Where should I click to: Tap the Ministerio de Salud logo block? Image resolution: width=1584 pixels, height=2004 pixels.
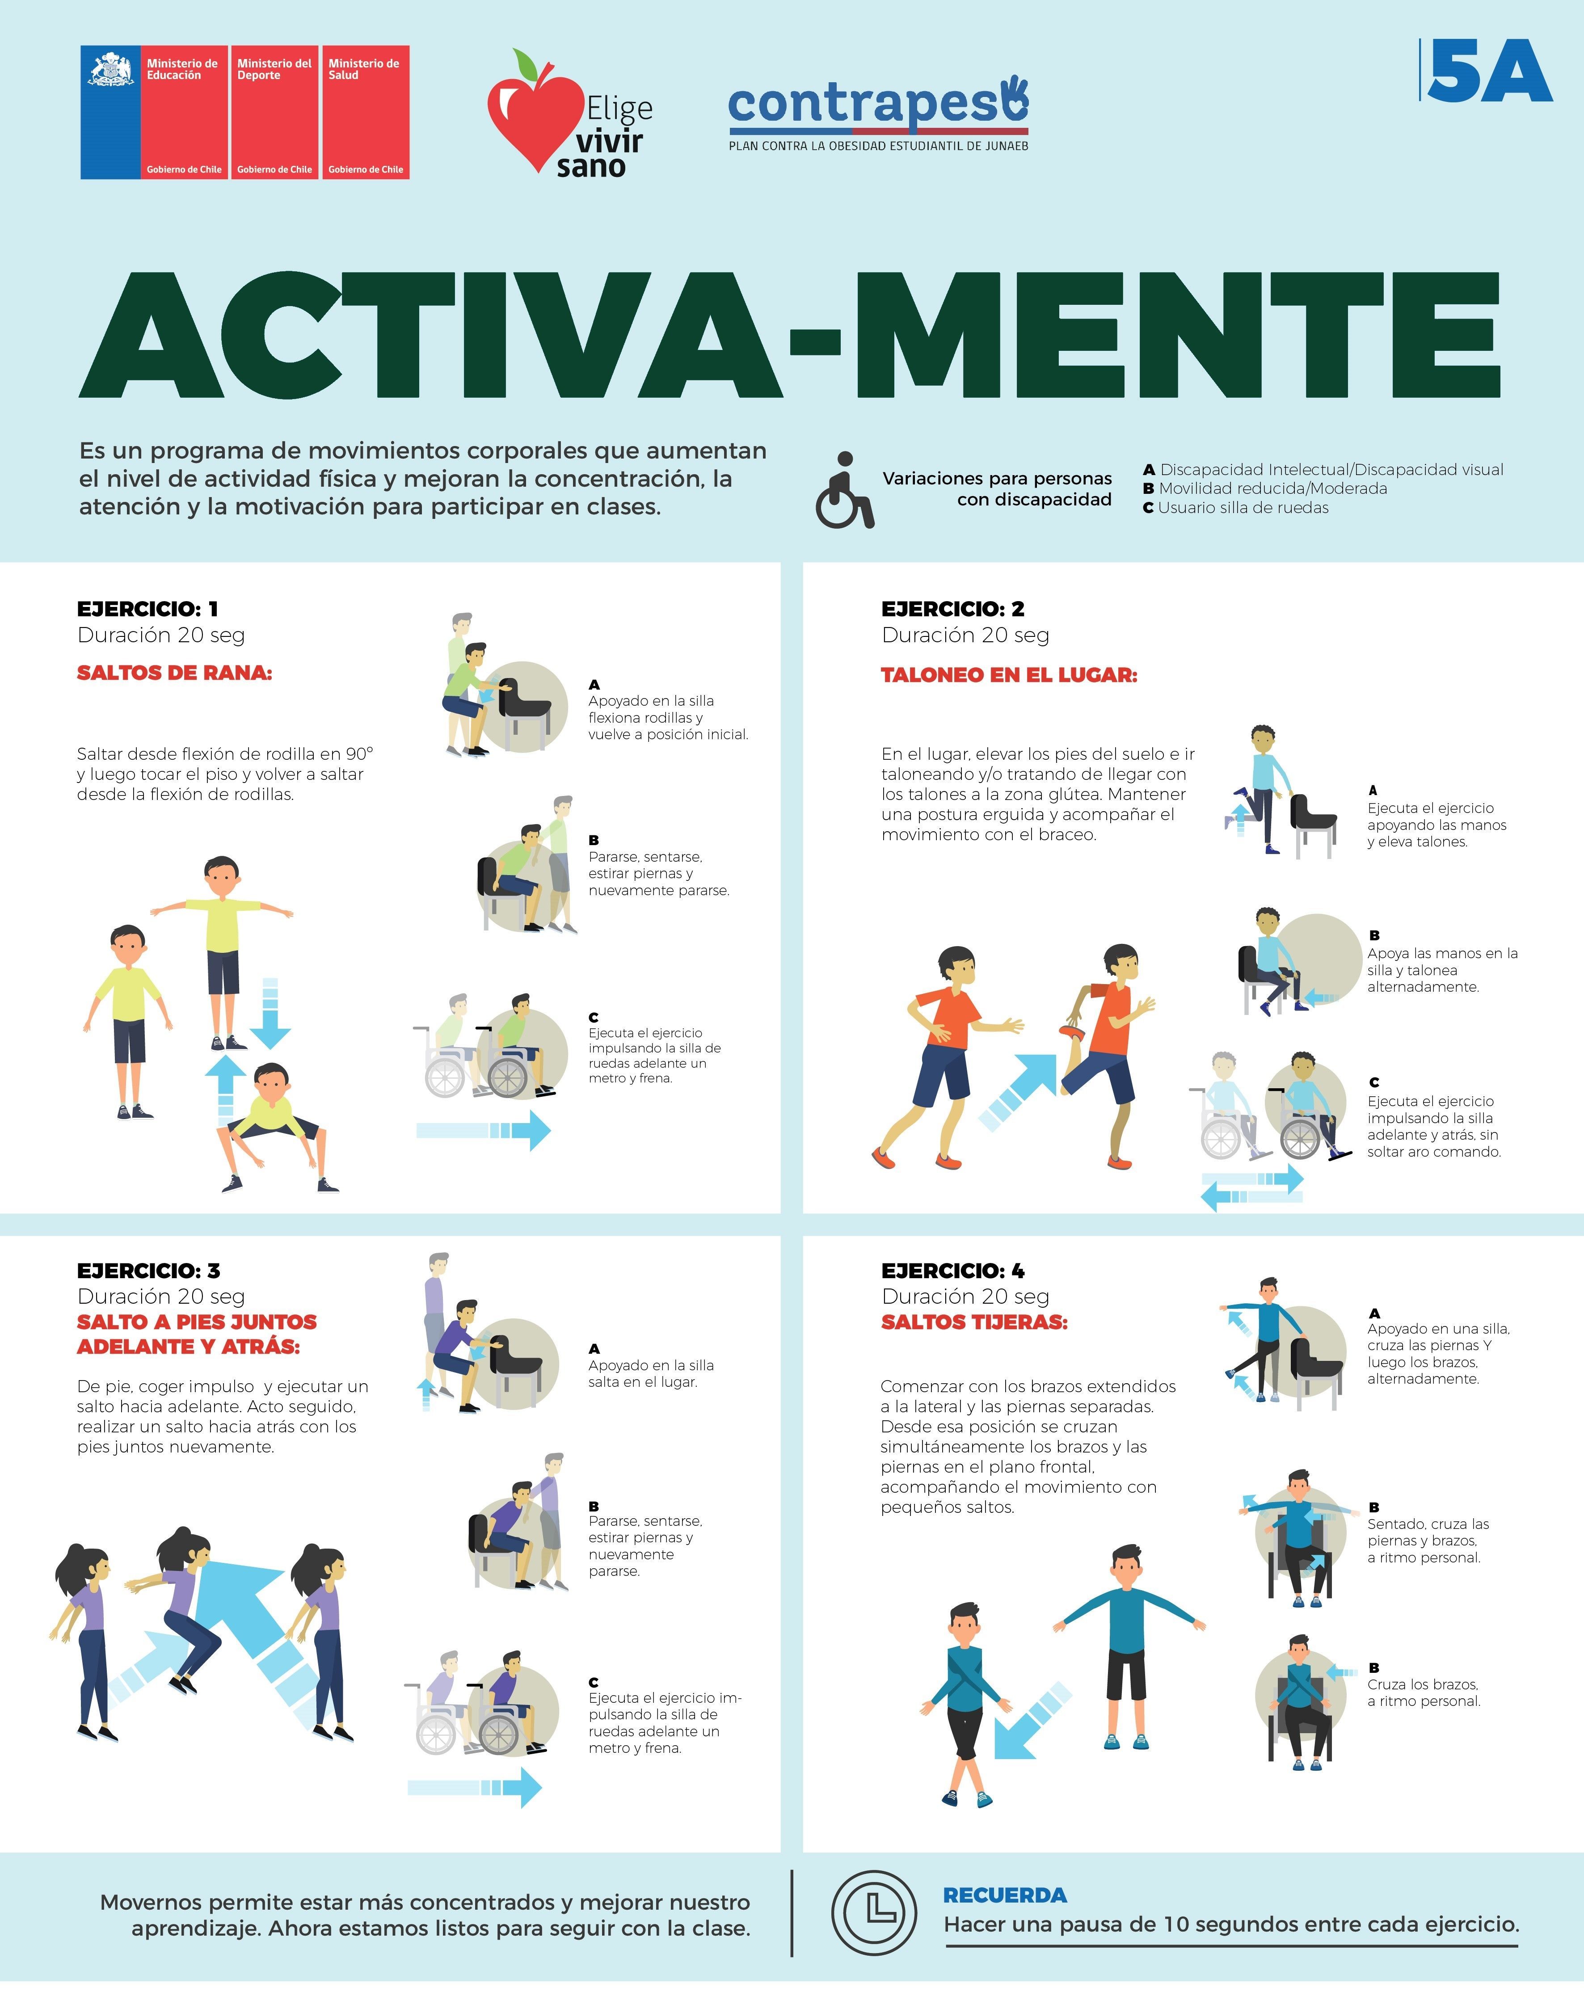click(x=366, y=112)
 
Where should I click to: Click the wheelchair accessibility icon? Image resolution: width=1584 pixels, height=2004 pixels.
click(x=844, y=490)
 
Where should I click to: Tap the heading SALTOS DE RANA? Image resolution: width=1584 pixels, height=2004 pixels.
click(x=174, y=673)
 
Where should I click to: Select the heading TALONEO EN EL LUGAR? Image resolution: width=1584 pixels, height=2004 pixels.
click(x=1009, y=675)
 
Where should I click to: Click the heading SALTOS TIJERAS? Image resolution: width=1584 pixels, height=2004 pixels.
click(x=974, y=1322)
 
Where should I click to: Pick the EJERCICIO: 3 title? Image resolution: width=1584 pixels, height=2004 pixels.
click(x=148, y=1271)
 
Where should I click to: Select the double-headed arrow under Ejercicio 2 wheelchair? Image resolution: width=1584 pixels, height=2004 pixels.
click(x=1252, y=1188)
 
